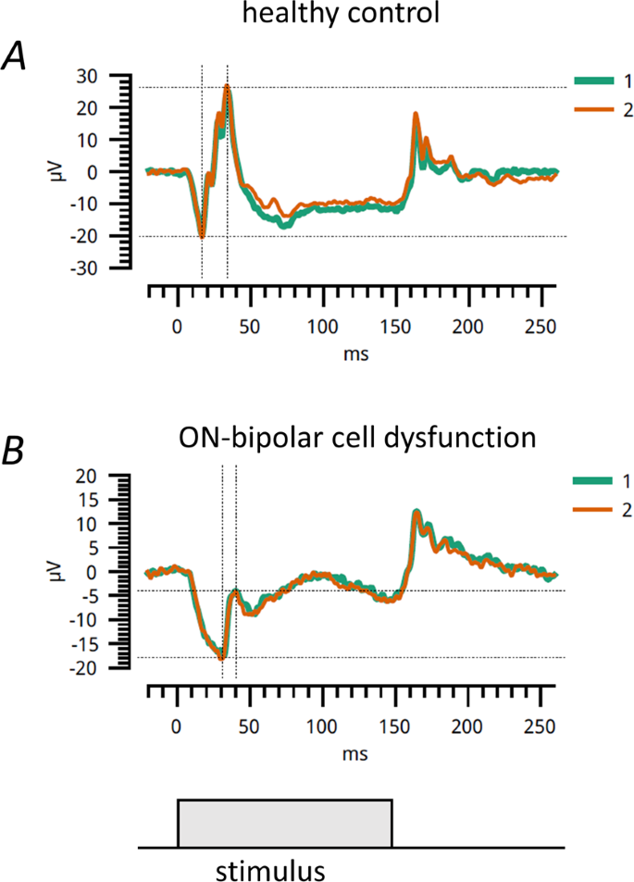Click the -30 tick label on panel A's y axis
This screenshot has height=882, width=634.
pos(114,268)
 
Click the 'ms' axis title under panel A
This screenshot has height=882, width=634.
pos(351,354)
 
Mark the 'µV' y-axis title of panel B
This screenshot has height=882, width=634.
pos(64,572)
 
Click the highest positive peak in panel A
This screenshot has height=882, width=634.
pos(227,88)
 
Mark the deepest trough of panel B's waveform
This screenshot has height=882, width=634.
pos(221,657)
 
